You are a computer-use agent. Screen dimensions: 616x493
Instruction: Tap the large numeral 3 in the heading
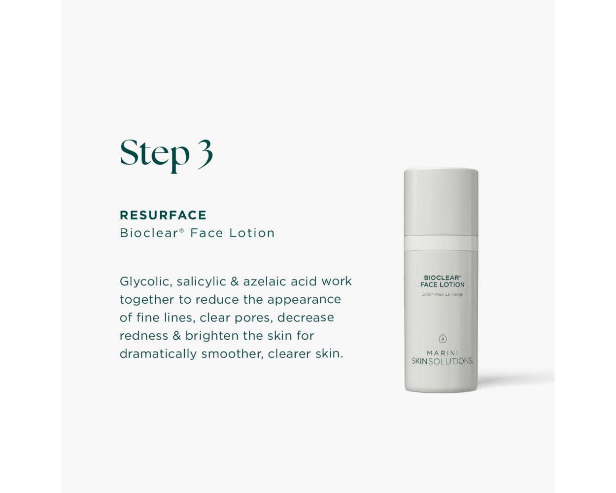tap(205, 154)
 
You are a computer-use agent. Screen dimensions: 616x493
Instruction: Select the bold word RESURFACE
tap(163, 215)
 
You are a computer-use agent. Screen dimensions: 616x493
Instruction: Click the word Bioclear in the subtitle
tap(149, 233)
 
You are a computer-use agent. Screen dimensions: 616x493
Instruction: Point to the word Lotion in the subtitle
tap(252, 233)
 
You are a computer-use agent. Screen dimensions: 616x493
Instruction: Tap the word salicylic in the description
tap(202, 282)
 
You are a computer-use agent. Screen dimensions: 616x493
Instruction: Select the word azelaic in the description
tap(265, 282)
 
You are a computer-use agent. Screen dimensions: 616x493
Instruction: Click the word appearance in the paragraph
tap(304, 300)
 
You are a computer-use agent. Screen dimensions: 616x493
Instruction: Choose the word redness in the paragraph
tap(144, 336)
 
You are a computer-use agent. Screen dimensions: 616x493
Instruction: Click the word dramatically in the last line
tap(158, 354)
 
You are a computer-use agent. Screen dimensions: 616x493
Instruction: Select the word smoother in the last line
tap(232, 354)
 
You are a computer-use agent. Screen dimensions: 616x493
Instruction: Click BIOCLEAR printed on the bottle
tap(442, 278)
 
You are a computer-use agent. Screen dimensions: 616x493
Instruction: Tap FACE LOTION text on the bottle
tap(442, 285)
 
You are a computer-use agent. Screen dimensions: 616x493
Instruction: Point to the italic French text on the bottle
tap(442, 294)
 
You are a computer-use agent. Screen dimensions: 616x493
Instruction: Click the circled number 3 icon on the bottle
tap(443, 339)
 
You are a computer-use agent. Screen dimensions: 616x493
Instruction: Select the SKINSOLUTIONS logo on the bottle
tap(442, 361)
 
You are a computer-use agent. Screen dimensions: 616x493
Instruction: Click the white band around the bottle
tap(441, 244)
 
